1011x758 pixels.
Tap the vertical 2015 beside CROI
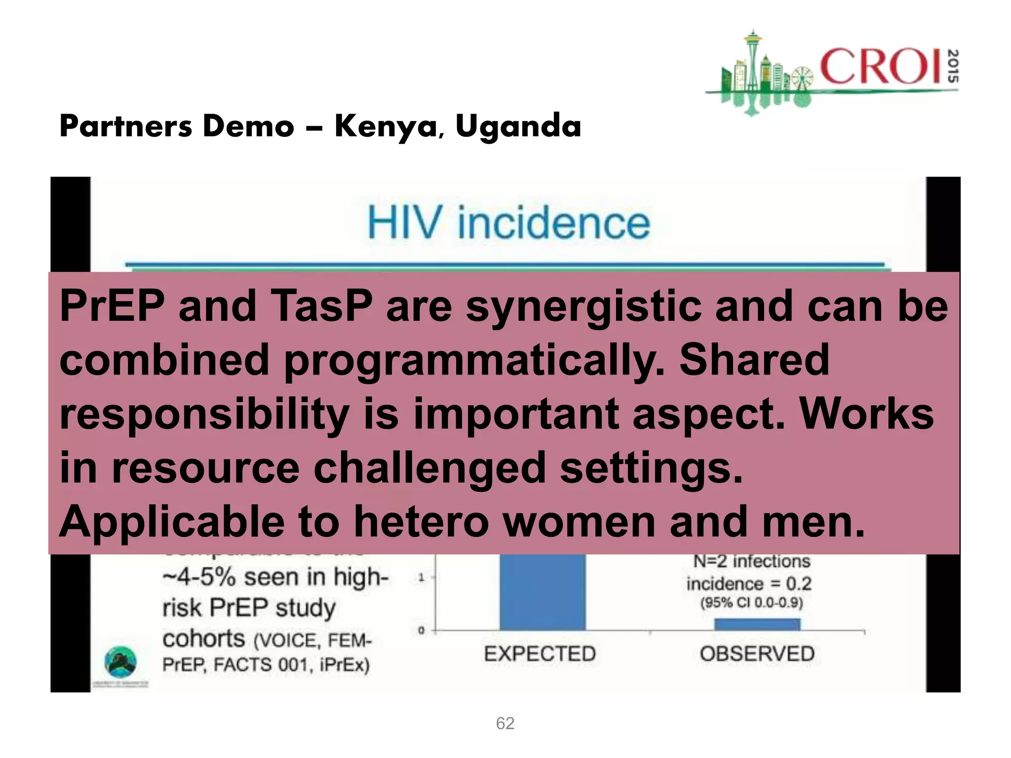953,66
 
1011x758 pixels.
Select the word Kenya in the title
386,127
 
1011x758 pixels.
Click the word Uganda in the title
518,127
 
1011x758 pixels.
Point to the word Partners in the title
125,127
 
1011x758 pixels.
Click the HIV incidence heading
508,223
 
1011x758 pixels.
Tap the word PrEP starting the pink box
112,306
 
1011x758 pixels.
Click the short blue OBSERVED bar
757,624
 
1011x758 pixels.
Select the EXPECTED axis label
540,654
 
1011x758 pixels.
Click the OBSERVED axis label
757,654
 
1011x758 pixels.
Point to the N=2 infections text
751,562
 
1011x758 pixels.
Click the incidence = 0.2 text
748,584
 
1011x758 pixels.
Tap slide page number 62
505,723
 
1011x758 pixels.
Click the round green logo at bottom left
120,662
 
